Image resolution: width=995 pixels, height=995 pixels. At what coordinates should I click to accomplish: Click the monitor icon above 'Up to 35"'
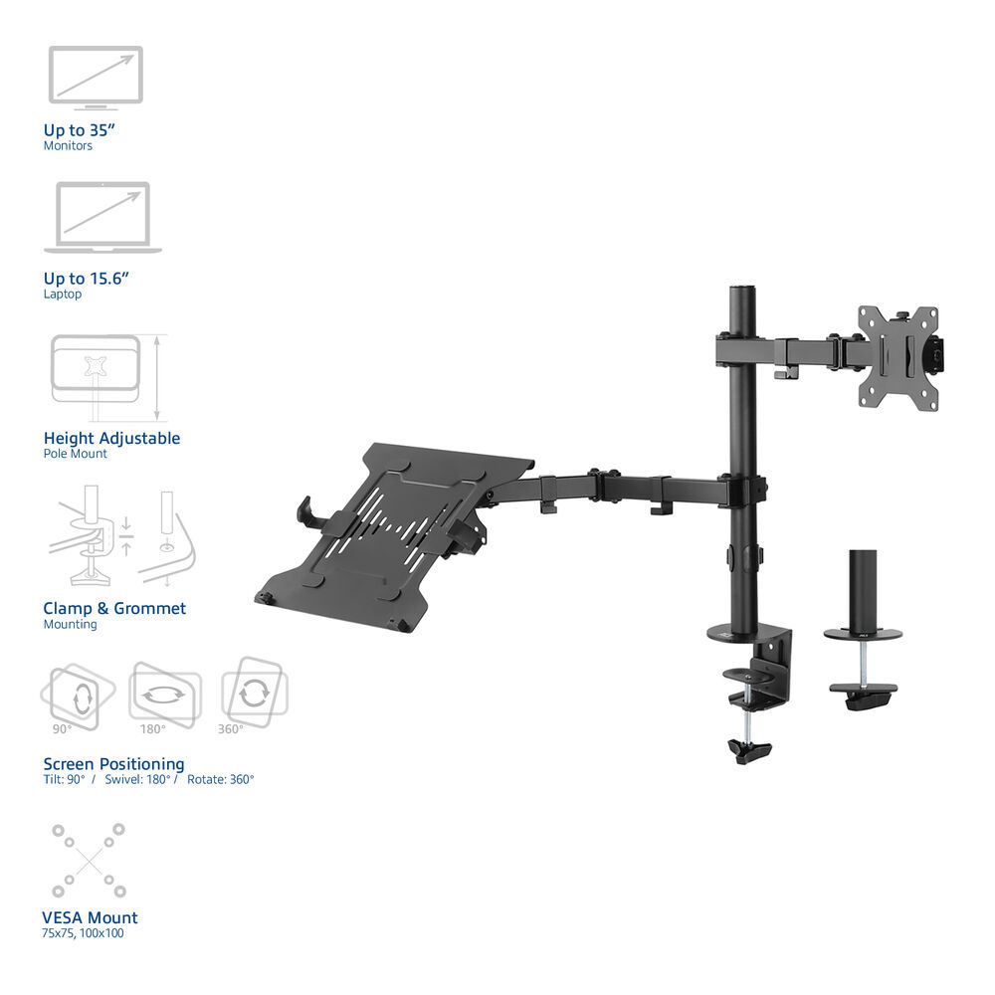[96, 76]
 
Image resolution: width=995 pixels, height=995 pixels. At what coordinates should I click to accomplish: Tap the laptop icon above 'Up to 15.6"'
[102, 217]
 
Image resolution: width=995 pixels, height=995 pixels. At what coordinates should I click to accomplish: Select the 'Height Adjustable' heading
[111, 438]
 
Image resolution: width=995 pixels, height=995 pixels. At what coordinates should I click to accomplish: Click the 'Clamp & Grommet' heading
[114, 608]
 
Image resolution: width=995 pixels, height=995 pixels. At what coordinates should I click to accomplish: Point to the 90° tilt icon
[77, 693]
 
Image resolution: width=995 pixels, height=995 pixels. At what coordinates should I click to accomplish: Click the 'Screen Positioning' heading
[113, 764]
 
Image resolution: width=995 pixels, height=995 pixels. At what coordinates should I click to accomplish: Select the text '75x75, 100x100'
[84, 933]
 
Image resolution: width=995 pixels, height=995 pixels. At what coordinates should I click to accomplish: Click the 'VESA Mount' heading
[91, 917]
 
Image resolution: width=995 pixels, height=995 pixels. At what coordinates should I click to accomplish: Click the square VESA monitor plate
[898, 357]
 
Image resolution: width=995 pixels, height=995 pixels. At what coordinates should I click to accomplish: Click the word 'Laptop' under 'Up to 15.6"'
[63, 295]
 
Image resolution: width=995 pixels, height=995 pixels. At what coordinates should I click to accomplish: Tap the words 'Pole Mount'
[75, 454]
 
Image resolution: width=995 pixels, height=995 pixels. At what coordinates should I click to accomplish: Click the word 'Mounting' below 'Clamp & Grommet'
[70, 625]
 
